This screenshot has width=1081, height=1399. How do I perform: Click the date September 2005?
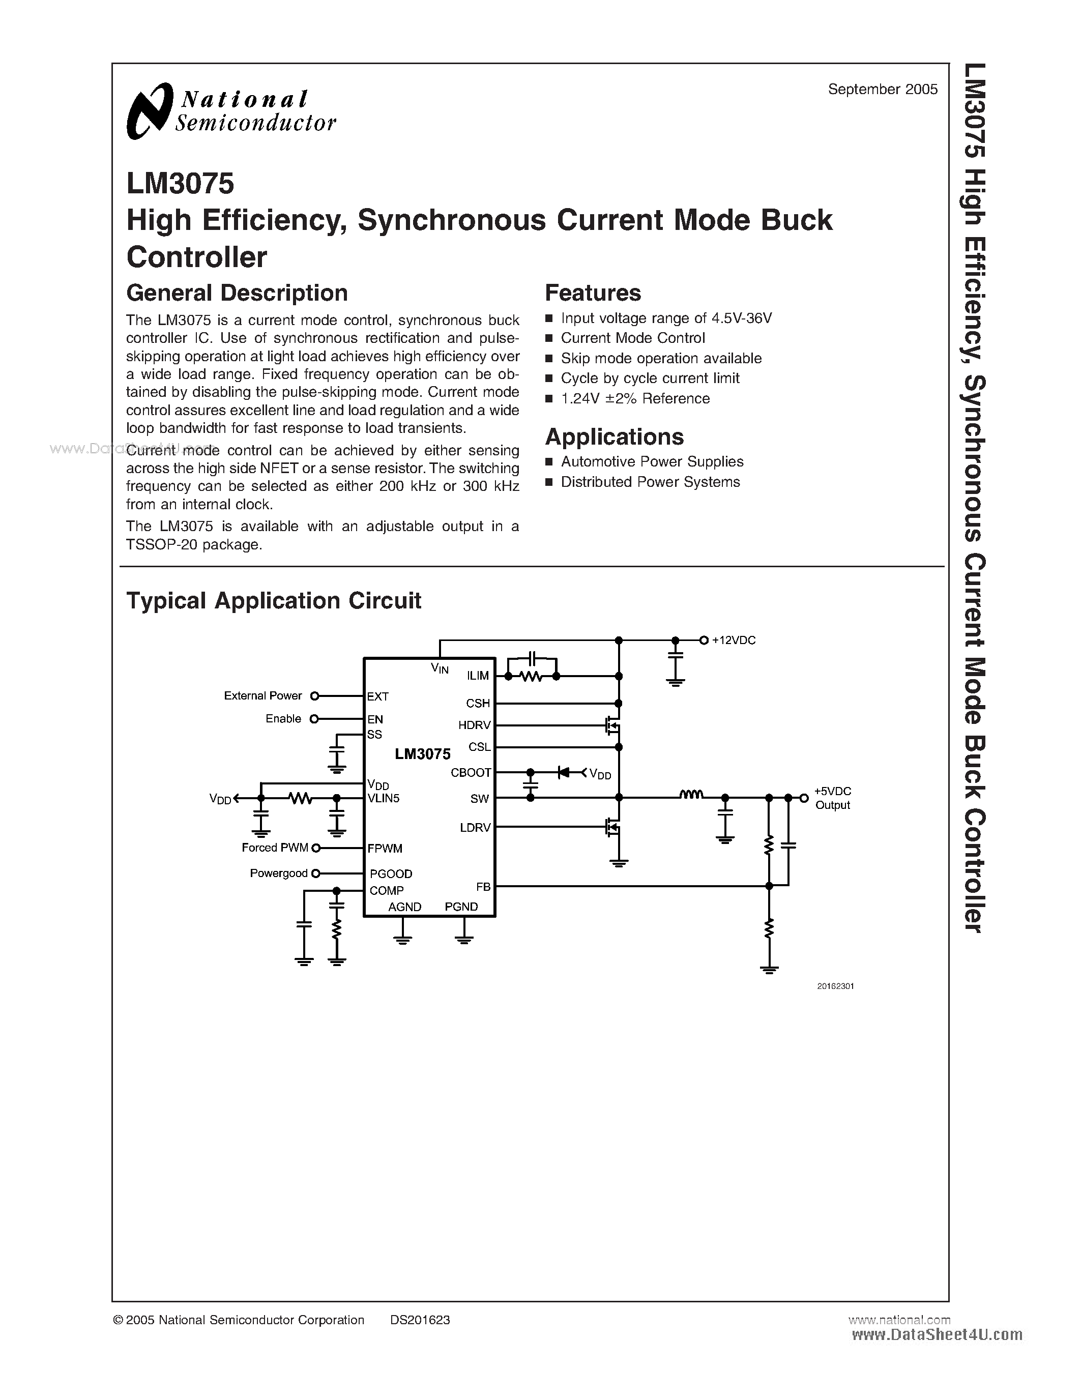pos(883,90)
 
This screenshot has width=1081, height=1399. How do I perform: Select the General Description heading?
pos(237,293)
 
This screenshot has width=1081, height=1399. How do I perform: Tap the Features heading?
pos(592,293)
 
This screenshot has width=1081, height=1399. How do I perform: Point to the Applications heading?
pos(614,437)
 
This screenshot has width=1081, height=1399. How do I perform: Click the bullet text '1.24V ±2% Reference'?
pos(635,398)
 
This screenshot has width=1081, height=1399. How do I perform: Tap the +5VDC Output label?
pos(833,798)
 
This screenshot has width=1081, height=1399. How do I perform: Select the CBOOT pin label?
pos(471,773)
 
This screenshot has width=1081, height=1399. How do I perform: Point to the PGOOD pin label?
pos(391,873)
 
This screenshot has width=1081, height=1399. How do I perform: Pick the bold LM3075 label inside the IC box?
pos(423,754)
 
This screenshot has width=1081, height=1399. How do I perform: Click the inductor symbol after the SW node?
pos(691,795)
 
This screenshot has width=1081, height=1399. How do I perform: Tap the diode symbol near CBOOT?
pos(564,773)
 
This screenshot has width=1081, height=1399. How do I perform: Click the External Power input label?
pos(262,695)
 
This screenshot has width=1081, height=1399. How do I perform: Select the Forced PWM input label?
pos(275,848)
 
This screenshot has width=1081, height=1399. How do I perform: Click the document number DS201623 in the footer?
pos(420,1320)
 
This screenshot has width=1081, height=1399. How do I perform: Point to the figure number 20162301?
pos(835,986)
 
